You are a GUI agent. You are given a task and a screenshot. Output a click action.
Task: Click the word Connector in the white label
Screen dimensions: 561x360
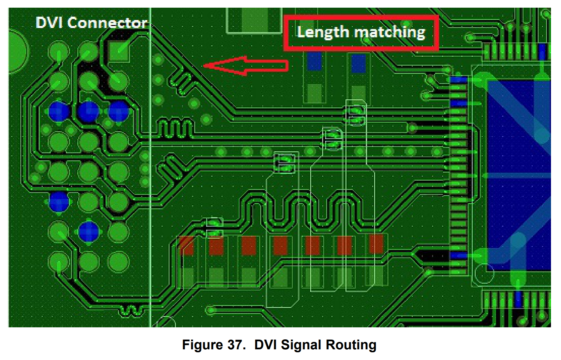click(x=107, y=23)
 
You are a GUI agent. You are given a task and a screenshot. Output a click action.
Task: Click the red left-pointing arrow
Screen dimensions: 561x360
click(x=246, y=66)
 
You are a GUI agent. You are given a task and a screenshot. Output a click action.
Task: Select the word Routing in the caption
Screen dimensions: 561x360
click(x=351, y=345)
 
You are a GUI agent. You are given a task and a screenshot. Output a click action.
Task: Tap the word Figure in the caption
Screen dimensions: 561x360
click(x=202, y=345)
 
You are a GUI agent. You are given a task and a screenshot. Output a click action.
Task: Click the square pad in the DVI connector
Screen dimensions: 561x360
click(x=119, y=51)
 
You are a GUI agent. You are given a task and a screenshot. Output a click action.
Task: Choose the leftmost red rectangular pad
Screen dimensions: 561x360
click(x=186, y=245)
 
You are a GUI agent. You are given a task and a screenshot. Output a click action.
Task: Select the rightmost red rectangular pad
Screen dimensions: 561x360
click(x=376, y=244)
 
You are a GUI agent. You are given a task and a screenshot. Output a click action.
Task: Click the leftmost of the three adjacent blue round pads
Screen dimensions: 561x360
click(x=59, y=112)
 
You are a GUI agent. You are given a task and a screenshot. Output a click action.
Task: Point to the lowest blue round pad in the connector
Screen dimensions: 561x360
click(x=88, y=231)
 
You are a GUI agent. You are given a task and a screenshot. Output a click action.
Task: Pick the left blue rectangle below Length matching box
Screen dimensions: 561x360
click(x=314, y=61)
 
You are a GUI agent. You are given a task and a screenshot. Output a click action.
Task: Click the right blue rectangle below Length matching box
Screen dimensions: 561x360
click(x=359, y=63)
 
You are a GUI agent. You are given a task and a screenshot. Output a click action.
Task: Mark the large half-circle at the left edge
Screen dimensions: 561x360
click(x=18, y=52)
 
